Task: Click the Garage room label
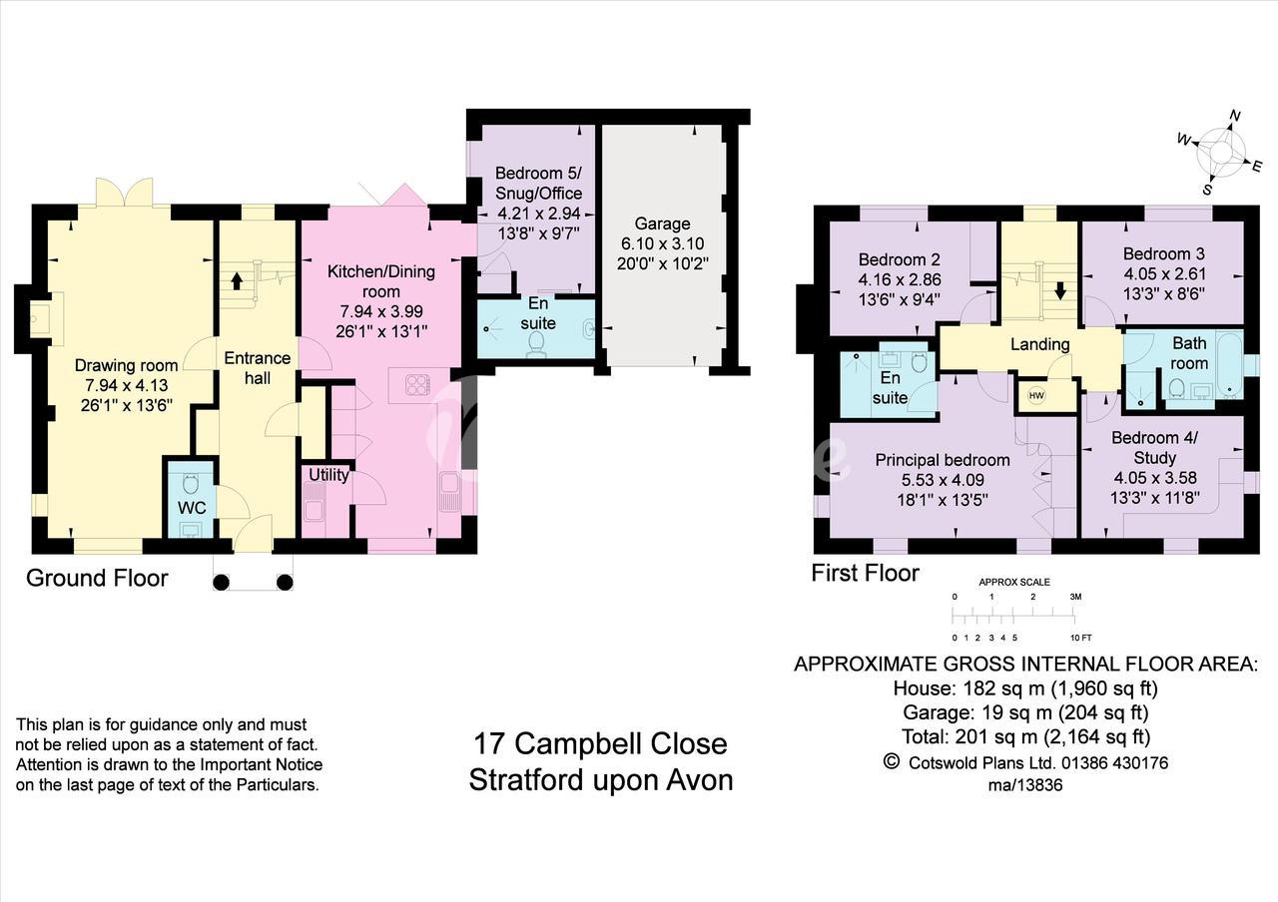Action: coord(662,224)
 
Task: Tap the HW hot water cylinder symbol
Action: coord(1036,396)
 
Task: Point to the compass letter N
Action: coord(1235,116)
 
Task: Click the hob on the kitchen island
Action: coord(418,384)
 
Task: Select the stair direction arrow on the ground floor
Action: coord(237,280)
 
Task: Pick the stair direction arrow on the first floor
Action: coord(1060,291)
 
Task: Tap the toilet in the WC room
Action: coord(191,485)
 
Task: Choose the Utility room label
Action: coord(328,475)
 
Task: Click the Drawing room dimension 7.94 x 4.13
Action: coord(127,385)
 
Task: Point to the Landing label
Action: coord(1040,344)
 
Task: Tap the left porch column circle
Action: coord(221,582)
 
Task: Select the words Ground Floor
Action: coord(97,578)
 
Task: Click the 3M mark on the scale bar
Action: coord(1075,597)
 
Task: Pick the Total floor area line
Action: coord(1025,736)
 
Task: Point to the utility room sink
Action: coord(314,502)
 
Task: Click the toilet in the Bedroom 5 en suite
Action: coord(536,344)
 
